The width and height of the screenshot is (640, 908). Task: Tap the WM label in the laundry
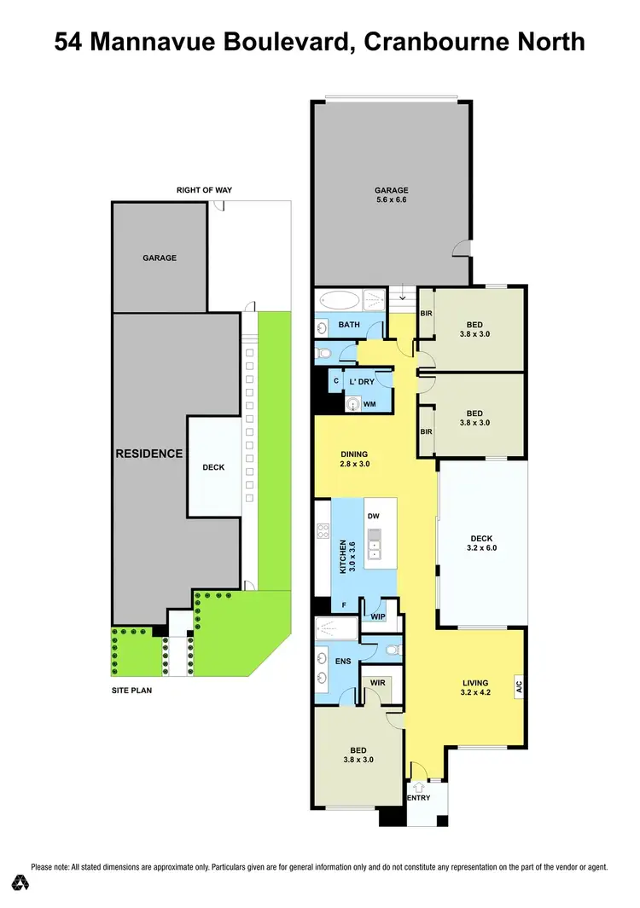(369, 404)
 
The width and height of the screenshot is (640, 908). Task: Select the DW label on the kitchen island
(373, 517)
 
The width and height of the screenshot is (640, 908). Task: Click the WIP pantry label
(378, 616)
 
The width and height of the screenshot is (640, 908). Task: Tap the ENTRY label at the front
(418, 798)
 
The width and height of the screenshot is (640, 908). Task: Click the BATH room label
(348, 325)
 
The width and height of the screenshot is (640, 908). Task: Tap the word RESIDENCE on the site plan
(148, 454)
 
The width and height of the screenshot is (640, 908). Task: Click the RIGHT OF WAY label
(204, 190)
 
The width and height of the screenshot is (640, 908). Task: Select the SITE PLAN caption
(131, 691)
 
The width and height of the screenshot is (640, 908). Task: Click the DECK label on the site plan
(213, 467)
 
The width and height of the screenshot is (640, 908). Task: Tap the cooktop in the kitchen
(323, 531)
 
